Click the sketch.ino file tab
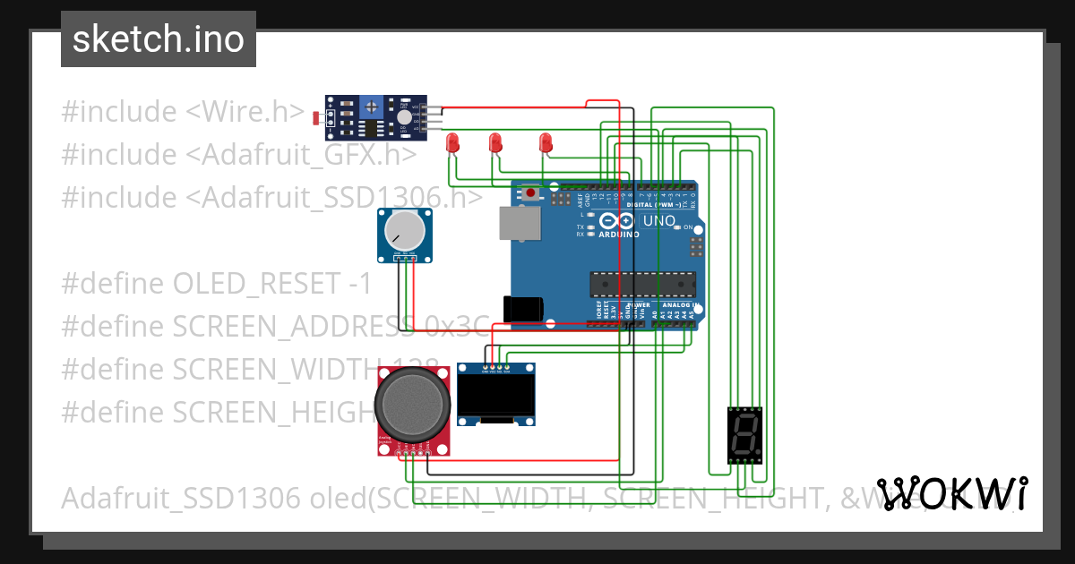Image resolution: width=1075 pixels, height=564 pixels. coord(159,39)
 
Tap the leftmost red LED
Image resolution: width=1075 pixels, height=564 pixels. coord(453,141)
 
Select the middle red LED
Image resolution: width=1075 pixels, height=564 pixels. coord(494,141)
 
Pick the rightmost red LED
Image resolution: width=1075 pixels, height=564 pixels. coord(545,141)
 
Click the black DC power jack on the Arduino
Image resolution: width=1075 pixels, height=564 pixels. coord(523,308)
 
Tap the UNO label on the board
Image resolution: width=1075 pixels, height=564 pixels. coord(659,221)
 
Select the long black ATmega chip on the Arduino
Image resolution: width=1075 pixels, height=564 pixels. coord(641,284)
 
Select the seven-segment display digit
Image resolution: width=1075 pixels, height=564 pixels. coord(744,435)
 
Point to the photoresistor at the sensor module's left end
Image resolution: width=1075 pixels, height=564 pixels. coord(314,117)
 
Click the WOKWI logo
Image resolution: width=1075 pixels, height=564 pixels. coord(951,493)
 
